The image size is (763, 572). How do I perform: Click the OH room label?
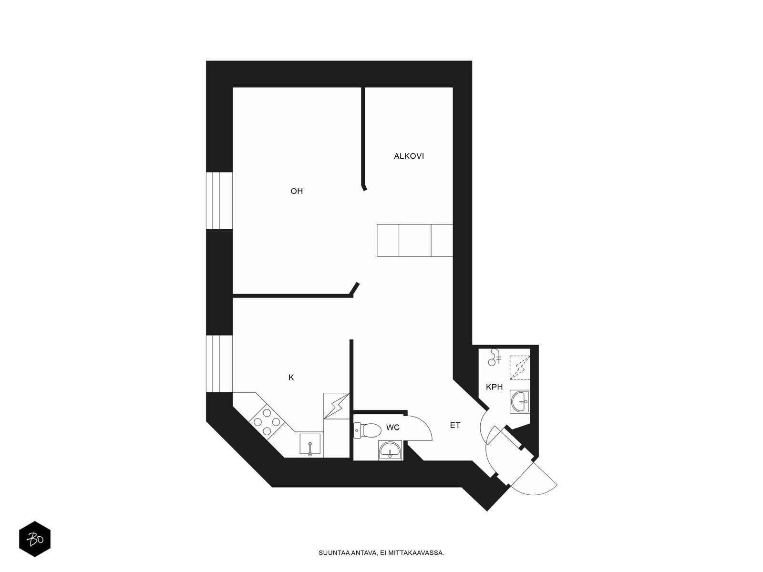(x=297, y=191)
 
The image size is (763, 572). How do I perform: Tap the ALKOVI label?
(x=409, y=156)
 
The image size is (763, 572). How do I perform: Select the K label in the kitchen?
(x=291, y=378)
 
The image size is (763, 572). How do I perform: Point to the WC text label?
(x=393, y=428)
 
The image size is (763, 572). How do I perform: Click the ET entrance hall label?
(x=455, y=426)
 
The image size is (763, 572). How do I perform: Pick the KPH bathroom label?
(x=495, y=387)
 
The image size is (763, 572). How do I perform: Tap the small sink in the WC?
(x=390, y=450)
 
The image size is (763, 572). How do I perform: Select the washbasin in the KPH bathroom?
(x=520, y=401)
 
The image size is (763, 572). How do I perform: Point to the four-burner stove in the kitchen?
(x=267, y=422)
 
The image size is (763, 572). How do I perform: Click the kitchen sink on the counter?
(x=310, y=444)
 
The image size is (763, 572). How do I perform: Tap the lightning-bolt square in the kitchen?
(x=336, y=406)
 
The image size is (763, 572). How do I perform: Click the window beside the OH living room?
(x=219, y=200)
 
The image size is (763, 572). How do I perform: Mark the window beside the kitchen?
(x=219, y=364)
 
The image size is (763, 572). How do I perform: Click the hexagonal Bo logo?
(x=35, y=539)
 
